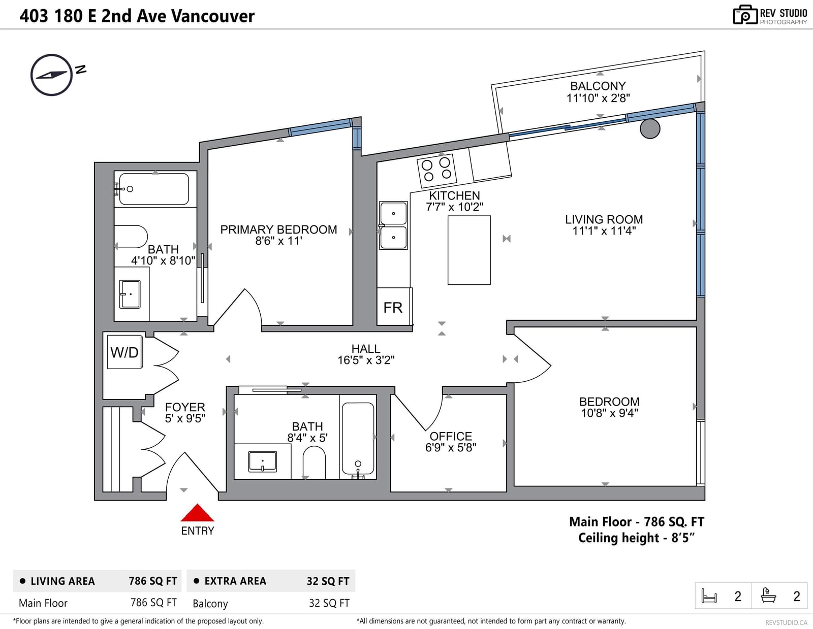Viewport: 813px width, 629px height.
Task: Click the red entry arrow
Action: point(197,513)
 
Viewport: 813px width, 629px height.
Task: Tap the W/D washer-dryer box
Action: point(124,352)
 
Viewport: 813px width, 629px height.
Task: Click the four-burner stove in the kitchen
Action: point(436,171)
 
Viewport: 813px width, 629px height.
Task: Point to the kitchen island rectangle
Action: point(469,250)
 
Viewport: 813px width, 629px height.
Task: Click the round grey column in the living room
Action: point(650,128)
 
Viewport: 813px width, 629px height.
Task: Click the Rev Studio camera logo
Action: point(745,15)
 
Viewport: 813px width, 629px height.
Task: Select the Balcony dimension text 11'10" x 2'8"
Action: point(598,98)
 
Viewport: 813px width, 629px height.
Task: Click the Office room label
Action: point(451,436)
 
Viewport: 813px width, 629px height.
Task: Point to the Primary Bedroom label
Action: point(278,229)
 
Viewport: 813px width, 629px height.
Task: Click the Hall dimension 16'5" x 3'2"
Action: point(366,360)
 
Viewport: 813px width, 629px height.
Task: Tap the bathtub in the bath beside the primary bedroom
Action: point(154,189)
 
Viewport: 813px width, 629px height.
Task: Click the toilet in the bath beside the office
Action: point(314,463)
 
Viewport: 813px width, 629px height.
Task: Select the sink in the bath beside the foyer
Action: point(262,461)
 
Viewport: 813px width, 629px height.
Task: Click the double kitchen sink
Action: point(393,225)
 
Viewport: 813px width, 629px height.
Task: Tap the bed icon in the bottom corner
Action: point(709,595)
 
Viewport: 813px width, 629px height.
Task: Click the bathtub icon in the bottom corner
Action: point(768,595)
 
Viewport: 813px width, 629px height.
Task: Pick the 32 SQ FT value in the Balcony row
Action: point(329,603)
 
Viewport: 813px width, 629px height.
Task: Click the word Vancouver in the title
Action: point(212,16)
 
